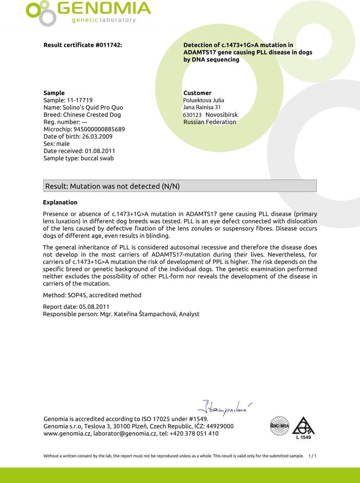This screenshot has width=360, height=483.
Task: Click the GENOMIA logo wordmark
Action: (104, 9)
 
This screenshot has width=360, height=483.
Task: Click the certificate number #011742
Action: (108, 45)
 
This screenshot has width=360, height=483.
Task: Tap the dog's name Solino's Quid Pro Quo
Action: (93, 108)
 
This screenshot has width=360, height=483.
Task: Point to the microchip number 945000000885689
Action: (99, 129)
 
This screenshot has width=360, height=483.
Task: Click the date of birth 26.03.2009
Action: (97, 136)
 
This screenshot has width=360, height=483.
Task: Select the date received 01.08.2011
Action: (100, 151)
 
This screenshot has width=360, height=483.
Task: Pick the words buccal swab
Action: (97, 158)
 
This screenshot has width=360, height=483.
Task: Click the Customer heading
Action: (197, 93)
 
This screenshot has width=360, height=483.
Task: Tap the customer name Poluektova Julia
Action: (204, 100)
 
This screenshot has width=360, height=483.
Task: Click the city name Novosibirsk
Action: (221, 115)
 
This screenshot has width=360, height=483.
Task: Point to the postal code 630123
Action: (192, 115)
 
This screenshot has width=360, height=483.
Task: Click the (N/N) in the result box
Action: (170, 186)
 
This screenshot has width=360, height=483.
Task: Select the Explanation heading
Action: (60, 202)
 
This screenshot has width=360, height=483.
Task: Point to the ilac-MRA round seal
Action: (279, 426)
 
